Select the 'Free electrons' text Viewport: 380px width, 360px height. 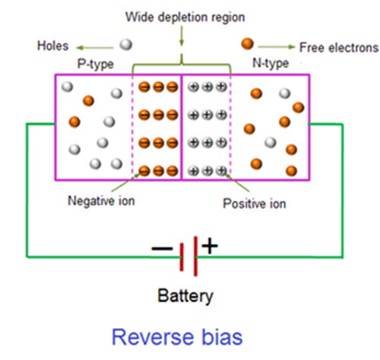click(x=339, y=46)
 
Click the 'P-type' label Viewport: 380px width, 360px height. click(x=96, y=63)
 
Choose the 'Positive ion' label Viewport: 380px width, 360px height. click(x=253, y=204)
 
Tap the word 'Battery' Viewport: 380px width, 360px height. click(x=185, y=295)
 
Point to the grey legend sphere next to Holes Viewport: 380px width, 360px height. click(x=126, y=44)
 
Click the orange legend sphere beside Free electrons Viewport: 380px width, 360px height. click(x=247, y=44)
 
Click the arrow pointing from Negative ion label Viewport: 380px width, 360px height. click(x=123, y=185)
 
